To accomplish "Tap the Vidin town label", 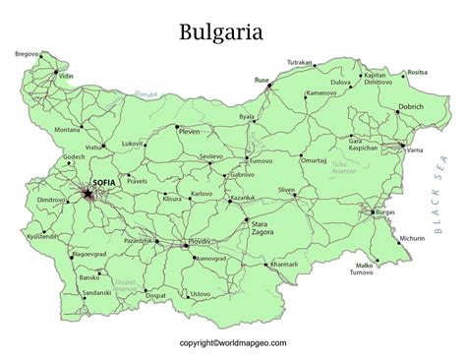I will tap(65, 76).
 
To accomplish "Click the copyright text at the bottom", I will tap(233, 344).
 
